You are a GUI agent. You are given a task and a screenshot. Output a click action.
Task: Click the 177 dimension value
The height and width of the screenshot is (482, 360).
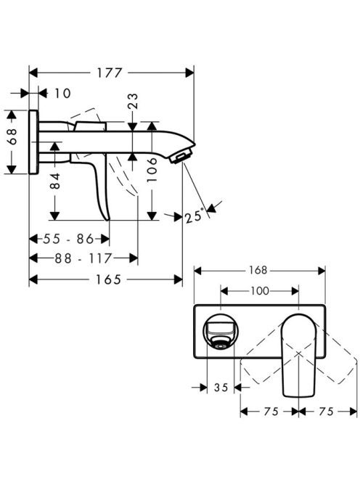pos(110,73)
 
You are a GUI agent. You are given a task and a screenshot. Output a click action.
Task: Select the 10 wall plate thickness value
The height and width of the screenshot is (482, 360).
pos(62,93)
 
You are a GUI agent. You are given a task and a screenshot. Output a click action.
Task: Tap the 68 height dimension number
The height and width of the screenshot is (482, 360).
pos(12,136)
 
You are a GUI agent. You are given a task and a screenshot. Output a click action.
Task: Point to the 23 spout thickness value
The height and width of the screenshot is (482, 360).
pos(133,102)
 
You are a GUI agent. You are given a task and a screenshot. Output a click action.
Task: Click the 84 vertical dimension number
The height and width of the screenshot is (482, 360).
pos(55,181)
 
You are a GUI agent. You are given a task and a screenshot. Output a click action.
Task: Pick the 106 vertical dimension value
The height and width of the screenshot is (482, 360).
pos(152,170)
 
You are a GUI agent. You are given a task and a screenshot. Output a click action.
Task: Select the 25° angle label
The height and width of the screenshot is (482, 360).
pos(195,215)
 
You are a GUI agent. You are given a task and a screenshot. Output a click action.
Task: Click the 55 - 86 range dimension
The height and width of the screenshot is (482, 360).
pos(68,239)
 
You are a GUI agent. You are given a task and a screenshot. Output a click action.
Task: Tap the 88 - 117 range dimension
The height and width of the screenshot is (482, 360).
pos(83,258)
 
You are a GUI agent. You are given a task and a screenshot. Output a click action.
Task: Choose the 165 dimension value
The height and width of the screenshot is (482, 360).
pos(109,279)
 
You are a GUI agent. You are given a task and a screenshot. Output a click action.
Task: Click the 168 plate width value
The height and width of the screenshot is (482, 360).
pos(258,270)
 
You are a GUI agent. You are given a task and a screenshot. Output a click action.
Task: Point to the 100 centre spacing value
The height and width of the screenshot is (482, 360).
pos(260,290)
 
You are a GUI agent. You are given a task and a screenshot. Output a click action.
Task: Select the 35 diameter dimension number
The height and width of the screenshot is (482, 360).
pos(221,388)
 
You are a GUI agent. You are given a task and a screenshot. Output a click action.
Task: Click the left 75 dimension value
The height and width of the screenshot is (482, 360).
pos(271,412)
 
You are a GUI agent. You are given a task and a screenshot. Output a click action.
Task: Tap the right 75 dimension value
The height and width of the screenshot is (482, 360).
pos(326,412)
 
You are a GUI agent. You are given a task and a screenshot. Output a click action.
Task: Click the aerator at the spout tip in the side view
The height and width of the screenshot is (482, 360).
pos(181,156)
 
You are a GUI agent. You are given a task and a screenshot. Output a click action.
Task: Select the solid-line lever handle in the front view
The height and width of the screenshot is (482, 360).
pos(299,355)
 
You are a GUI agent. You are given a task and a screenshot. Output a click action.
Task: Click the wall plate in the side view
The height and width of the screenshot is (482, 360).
pos(34,142)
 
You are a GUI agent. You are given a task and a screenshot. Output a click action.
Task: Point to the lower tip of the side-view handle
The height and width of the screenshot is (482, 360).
pos(107,220)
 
